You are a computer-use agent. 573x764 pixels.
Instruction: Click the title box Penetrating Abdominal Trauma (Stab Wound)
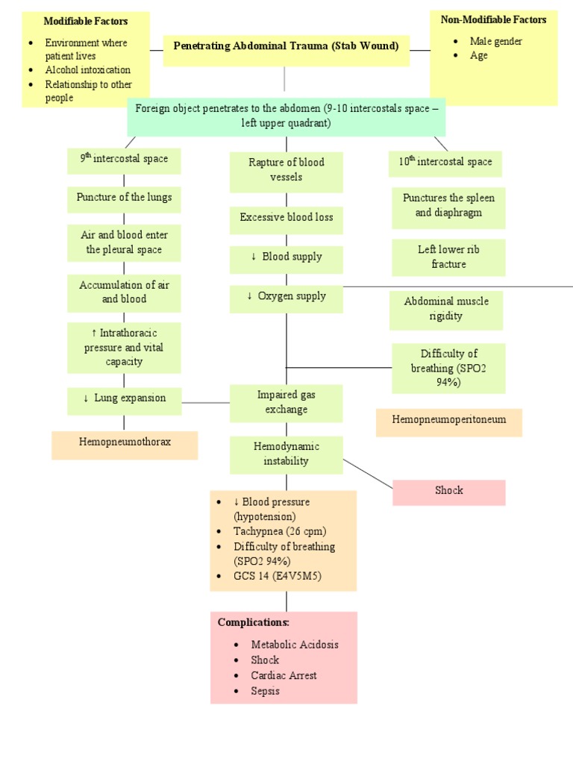(x=286, y=46)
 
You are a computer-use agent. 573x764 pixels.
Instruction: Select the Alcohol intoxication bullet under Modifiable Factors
(x=88, y=70)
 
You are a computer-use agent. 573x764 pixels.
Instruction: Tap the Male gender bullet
(x=495, y=41)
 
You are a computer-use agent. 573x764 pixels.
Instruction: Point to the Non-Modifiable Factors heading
(x=493, y=19)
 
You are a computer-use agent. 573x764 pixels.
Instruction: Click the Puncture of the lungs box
(x=124, y=198)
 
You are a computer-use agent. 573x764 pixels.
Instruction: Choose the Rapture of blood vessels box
(x=286, y=170)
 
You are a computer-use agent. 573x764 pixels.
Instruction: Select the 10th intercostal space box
(x=445, y=162)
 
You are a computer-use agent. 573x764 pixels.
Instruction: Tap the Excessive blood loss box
(x=286, y=218)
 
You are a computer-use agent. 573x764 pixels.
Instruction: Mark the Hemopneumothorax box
(x=125, y=442)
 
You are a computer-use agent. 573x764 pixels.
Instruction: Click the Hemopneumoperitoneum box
(x=449, y=420)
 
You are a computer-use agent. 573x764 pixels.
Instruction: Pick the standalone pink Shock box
(x=449, y=491)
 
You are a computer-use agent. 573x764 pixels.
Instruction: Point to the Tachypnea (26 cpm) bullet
(x=280, y=531)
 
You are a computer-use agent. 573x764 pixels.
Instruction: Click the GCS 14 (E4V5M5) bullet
(x=278, y=576)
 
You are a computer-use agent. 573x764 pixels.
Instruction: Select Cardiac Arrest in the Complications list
(x=284, y=675)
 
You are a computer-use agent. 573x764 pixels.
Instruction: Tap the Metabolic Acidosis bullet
(x=295, y=645)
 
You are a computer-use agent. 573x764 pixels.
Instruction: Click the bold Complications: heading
(x=253, y=622)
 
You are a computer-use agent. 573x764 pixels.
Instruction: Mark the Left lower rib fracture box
(x=448, y=257)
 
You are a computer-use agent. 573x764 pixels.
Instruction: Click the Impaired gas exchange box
(x=286, y=403)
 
